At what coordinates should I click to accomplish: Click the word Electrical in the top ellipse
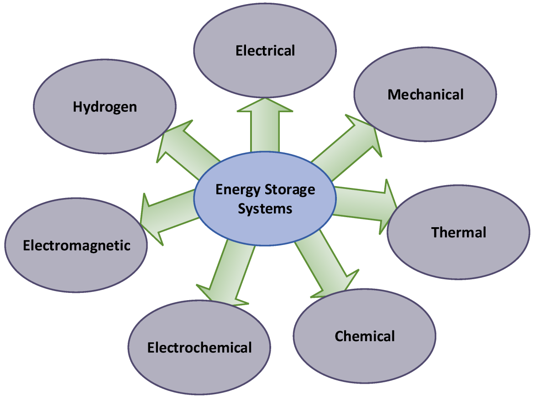[x=265, y=51]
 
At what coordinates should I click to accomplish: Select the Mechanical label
[x=425, y=94]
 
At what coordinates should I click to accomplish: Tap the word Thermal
[x=458, y=232]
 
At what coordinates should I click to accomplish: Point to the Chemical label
[x=364, y=336]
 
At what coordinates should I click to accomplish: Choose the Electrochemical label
[x=199, y=348]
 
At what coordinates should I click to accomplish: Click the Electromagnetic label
[x=77, y=245]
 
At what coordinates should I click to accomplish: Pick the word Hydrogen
[x=105, y=107]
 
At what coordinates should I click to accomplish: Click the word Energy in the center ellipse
[x=238, y=190]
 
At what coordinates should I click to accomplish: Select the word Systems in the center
[x=265, y=208]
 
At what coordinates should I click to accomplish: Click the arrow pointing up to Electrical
[x=265, y=125]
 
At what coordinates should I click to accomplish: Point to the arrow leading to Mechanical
[x=347, y=147]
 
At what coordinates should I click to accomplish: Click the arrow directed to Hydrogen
[x=188, y=149]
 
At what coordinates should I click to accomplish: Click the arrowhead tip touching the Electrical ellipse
[x=265, y=99]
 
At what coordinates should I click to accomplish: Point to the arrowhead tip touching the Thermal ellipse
[x=397, y=208]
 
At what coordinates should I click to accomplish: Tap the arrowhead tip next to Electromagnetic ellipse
[x=140, y=223]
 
